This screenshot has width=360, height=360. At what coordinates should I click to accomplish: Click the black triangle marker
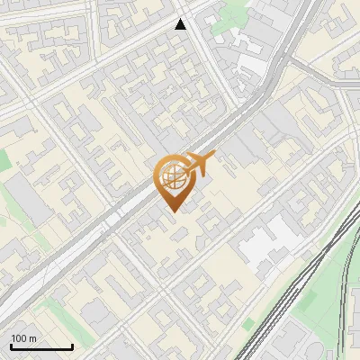point(181,24)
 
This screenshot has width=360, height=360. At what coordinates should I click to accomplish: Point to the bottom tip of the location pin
point(172,211)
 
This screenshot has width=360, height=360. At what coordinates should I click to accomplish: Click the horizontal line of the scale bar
point(41,346)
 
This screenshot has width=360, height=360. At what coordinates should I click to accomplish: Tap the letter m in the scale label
point(32,338)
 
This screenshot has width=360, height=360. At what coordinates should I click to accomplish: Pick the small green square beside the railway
point(248,324)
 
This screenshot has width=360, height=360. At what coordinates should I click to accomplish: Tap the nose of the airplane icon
point(214,158)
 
